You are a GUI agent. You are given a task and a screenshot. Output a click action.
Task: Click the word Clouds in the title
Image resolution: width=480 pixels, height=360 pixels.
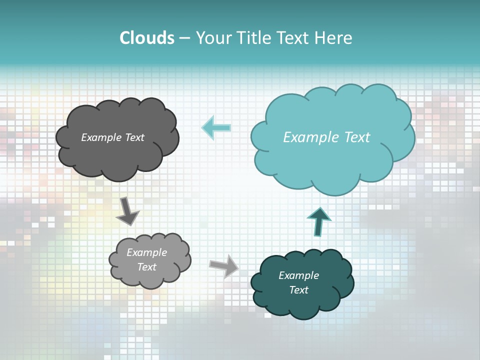pos(147,38)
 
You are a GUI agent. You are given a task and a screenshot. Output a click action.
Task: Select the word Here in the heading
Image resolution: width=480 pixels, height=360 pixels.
pos(335,38)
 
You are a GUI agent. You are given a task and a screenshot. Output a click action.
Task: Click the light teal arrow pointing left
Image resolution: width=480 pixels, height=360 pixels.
pos(216,128)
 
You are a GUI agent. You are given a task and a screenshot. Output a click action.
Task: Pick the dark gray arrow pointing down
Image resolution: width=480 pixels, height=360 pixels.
pos(127,211)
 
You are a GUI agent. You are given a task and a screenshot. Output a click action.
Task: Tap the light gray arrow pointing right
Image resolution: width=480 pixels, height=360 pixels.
pos(224,265)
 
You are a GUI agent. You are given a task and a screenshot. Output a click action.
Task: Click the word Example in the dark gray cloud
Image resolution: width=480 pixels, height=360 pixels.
pos(101,137)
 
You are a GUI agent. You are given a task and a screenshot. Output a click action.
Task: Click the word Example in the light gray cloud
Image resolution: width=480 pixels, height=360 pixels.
pos(146,252)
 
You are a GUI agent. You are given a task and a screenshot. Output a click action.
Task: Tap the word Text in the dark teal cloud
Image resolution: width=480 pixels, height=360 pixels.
pos(298,290)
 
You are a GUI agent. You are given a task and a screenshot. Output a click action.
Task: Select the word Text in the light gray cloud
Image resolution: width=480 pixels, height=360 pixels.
pos(146,267)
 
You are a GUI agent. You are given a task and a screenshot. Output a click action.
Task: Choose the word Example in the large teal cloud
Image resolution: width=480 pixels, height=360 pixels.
pos(307,137)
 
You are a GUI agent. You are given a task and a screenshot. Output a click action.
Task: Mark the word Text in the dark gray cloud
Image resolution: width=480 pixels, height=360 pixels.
pos(134,137)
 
